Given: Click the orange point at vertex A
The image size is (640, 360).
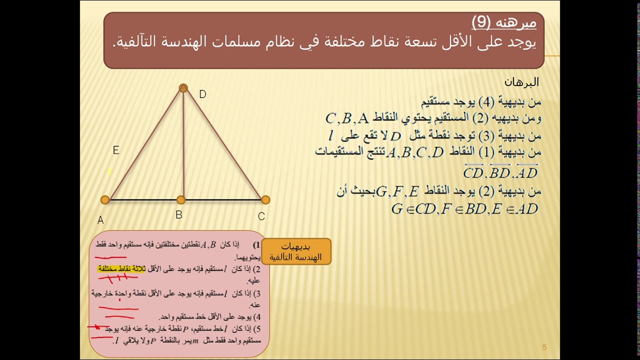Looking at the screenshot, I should tap(105, 200).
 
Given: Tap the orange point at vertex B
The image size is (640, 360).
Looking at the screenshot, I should tap(181, 200).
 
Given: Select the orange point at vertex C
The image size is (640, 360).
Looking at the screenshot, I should tap(265, 200).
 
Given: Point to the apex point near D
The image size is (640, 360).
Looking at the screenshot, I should tap(183, 88).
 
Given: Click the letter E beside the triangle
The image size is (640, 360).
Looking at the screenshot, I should tap(116, 150).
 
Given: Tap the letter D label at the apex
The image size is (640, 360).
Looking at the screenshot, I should tap(202, 94).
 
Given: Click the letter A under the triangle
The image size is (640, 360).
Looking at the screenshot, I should tap(100, 220).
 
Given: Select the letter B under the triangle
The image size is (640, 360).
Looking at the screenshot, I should tap(179, 215).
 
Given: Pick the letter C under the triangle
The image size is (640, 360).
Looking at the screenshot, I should tap(261, 216).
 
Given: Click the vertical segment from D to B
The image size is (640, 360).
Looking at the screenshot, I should tap(183, 145).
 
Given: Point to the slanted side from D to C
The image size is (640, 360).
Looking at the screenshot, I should tap(225, 145).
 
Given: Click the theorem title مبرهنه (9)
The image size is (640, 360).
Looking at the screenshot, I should tap(504, 22).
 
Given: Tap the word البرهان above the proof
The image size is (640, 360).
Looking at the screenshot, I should tap(521, 82).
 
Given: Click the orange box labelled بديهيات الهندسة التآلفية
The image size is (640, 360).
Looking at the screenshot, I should tap(296, 251).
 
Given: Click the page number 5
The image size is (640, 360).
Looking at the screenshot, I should tap(544, 347).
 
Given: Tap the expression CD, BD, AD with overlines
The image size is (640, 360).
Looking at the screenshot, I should tap(500, 172).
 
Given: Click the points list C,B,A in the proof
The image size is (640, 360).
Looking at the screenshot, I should tap(347, 118).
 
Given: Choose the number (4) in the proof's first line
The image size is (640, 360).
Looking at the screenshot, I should tap(486, 102).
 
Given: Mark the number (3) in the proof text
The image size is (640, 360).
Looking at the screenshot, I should tap(486, 135).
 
